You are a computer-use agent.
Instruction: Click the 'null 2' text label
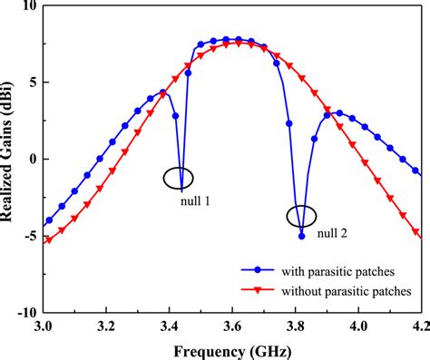(333, 235)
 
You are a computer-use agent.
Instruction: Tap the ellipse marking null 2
(301, 217)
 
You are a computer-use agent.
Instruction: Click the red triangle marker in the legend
(259, 291)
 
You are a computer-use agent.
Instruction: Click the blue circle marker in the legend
(259, 269)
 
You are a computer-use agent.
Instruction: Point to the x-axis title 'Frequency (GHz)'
(232, 348)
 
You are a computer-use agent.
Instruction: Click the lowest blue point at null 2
(301, 236)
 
